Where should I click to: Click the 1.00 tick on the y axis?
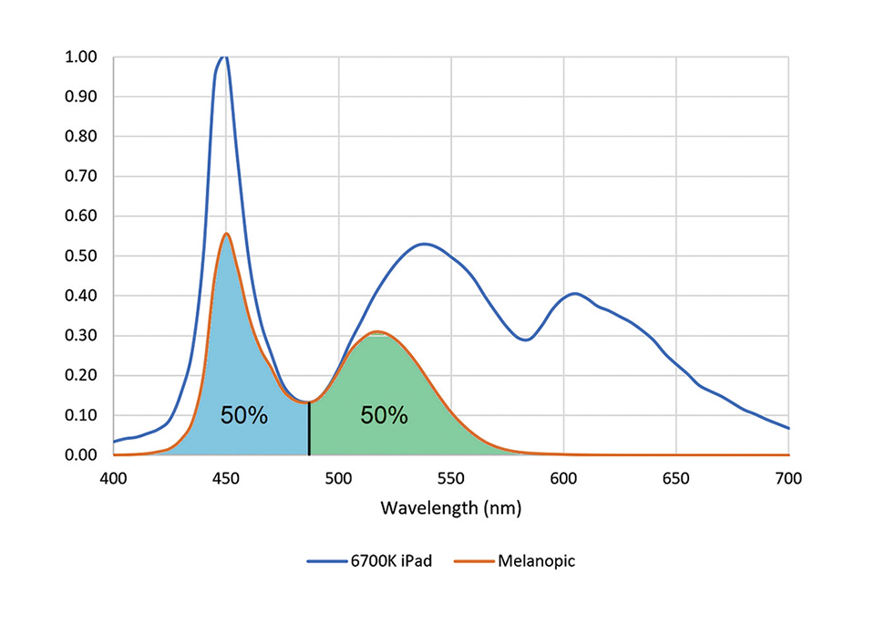coord(83,57)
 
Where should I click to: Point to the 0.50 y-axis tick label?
coord(83,256)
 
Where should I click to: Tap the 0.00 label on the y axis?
coord(83,455)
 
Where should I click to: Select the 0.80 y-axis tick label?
coord(83,137)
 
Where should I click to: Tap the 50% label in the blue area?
coord(244,416)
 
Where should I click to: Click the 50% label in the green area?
coord(384,416)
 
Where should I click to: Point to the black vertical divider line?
coord(310,429)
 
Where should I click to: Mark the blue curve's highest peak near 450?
coord(224,57)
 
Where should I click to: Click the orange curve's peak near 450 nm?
coord(226,234)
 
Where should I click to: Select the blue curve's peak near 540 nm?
coord(424,244)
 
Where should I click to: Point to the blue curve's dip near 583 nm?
coord(525,339)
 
